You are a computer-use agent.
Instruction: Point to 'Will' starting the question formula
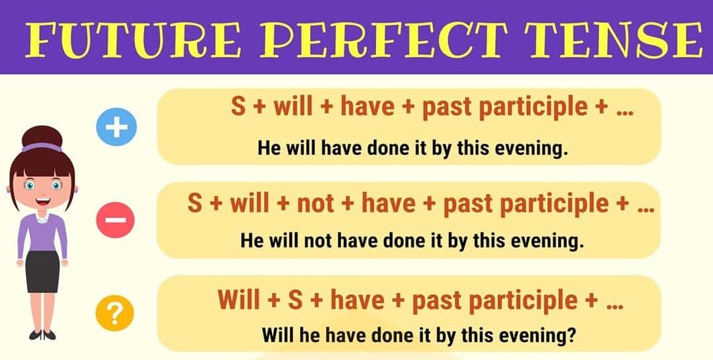point(239,300)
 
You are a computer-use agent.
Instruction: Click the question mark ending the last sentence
point(571,334)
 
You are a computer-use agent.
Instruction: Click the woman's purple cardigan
point(27,235)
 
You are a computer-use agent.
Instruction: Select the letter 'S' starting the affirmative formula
point(239,107)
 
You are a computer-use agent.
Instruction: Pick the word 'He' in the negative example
point(253,241)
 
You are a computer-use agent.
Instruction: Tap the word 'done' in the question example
point(382,334)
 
